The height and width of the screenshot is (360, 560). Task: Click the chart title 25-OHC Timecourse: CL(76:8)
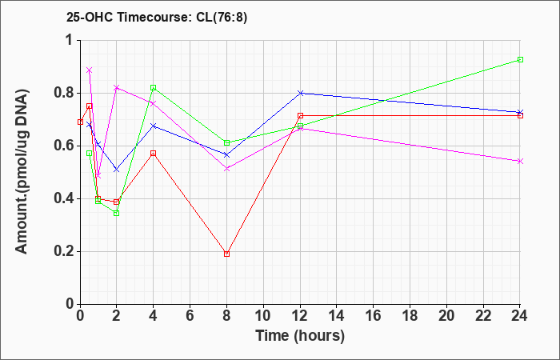point(157,18)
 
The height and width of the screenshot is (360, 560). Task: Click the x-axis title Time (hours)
point(300,336)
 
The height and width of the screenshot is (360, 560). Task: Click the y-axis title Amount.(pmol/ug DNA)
point(22,172)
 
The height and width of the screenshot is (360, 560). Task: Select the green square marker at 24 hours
point(520,60)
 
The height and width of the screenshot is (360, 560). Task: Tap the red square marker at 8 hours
point(226,254)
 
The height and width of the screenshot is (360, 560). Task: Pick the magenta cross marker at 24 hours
point(520,162)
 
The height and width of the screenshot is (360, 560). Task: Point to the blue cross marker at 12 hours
point(300,93)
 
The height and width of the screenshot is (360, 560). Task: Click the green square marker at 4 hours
point(154,87)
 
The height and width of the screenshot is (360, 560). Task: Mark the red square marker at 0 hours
point(80,122)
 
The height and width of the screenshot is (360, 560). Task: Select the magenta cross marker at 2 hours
point(117,87)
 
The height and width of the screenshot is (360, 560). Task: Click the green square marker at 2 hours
point(117,214)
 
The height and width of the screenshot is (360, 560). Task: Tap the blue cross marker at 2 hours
point(117,170)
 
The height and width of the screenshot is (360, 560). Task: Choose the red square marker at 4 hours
point(154,154)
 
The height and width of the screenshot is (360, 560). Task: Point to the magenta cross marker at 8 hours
point(226,169)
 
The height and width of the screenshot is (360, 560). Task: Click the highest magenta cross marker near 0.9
point(90,70)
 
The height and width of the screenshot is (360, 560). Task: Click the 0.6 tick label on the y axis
point(64,146)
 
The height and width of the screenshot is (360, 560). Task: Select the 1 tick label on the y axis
point(70,40)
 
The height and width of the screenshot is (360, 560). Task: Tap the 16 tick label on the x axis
point(374,316)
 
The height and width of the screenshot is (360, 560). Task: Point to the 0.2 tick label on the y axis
point(64,252)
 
